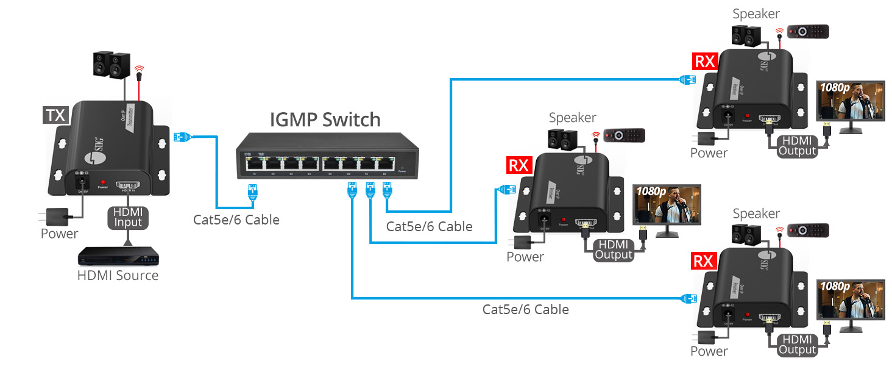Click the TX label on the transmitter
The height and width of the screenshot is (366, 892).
coord(56,115)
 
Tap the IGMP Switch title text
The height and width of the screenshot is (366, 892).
coord(325,119)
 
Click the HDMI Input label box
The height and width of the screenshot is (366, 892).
coord(127,218)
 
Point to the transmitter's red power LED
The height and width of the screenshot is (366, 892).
coord(102,181)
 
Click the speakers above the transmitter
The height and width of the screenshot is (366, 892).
coord(111,64)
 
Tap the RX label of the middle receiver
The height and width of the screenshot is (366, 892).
coord(519,165)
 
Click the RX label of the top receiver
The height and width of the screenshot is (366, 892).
coord(705,61)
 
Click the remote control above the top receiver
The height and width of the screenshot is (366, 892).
coord(808,32)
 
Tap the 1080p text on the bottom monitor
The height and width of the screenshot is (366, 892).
coord(834,286)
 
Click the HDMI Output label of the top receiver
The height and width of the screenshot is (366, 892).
coord(798,145)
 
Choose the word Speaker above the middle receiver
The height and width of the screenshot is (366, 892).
coord(572,117)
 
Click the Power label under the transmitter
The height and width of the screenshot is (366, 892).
coord(59,234)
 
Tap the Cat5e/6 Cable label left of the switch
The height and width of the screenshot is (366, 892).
coord(236,220)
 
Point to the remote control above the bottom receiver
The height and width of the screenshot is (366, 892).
coord(808,230)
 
